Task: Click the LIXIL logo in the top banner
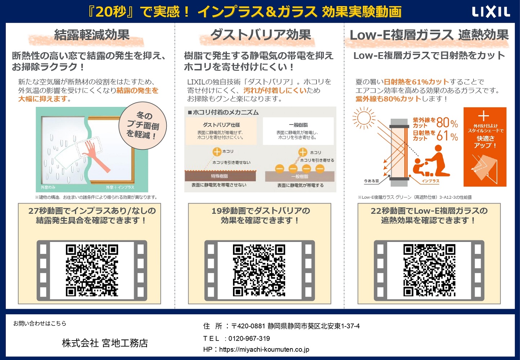491,12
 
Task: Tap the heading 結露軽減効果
91,35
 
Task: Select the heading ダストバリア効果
260,35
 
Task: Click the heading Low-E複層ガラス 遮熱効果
429,35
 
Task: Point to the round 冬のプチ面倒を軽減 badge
143,126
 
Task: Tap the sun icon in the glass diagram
364,118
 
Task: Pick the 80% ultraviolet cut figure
447,123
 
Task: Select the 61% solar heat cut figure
447,136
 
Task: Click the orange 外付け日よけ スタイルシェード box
485,147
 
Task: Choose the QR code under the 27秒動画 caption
92,270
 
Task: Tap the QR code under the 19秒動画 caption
259,270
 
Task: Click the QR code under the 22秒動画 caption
429,270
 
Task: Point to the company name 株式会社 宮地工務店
105,343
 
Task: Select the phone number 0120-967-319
249,338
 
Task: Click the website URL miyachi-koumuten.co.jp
264,349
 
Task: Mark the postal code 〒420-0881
248,326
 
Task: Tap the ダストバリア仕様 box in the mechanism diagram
221,131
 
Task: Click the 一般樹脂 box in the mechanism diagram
298,131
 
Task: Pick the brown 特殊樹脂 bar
220,176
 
